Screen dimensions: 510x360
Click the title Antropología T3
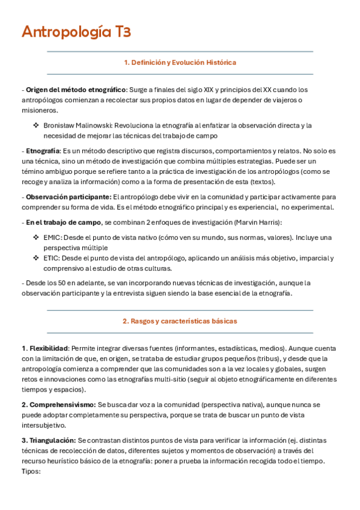pos(76,32)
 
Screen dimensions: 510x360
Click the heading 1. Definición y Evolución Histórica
pos(180,63)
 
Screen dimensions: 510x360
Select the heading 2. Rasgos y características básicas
pos(180,321)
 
